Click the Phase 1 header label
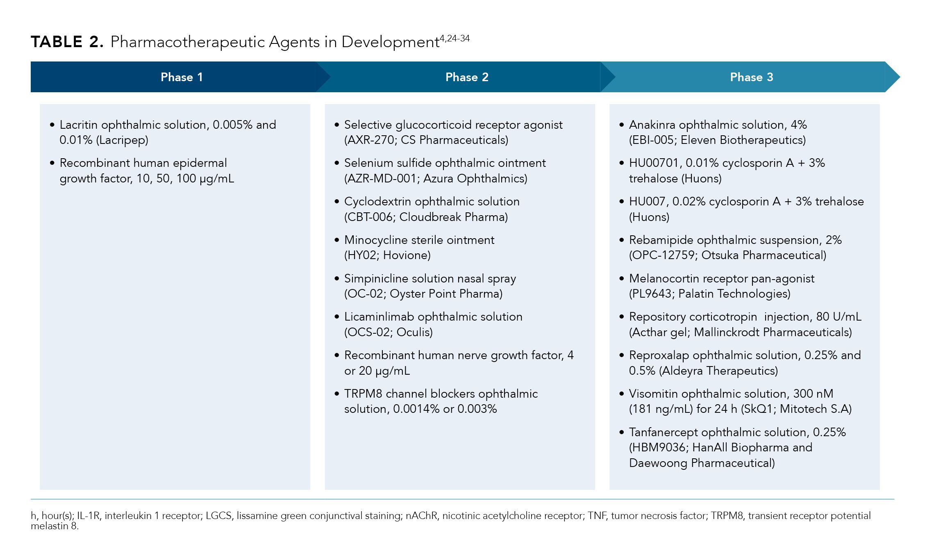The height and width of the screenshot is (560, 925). click(x=182, y=77)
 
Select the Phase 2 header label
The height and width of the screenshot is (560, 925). click(x=467, y=77)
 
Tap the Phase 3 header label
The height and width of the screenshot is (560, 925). click(x=751, y=77)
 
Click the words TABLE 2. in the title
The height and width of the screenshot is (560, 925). click(x=67, y=42)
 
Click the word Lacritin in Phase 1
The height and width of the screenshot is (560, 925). click(x=78, y=125)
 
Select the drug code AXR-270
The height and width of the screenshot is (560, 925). click(x=371, y=140)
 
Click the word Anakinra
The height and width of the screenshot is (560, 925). click(x=652, y=125)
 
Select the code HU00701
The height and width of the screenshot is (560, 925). click(x=654, y=163)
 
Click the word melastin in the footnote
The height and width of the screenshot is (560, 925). click(x=49, y=526)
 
